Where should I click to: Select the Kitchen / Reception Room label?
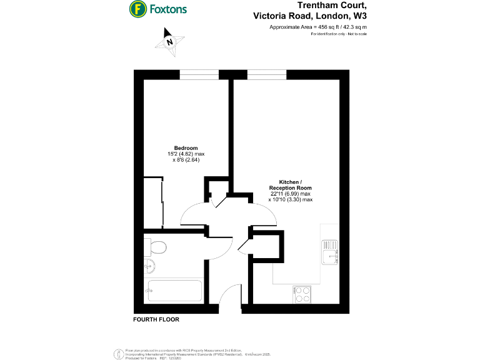(x=290, y=184)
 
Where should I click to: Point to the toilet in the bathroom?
(x=157, y=248)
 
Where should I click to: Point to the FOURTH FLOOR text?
(x=156, y=319)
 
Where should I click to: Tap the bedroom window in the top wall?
(x=199, y=75)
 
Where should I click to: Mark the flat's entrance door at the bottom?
(x=231, y=300)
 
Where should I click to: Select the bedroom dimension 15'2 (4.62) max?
(x=186, y=154)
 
